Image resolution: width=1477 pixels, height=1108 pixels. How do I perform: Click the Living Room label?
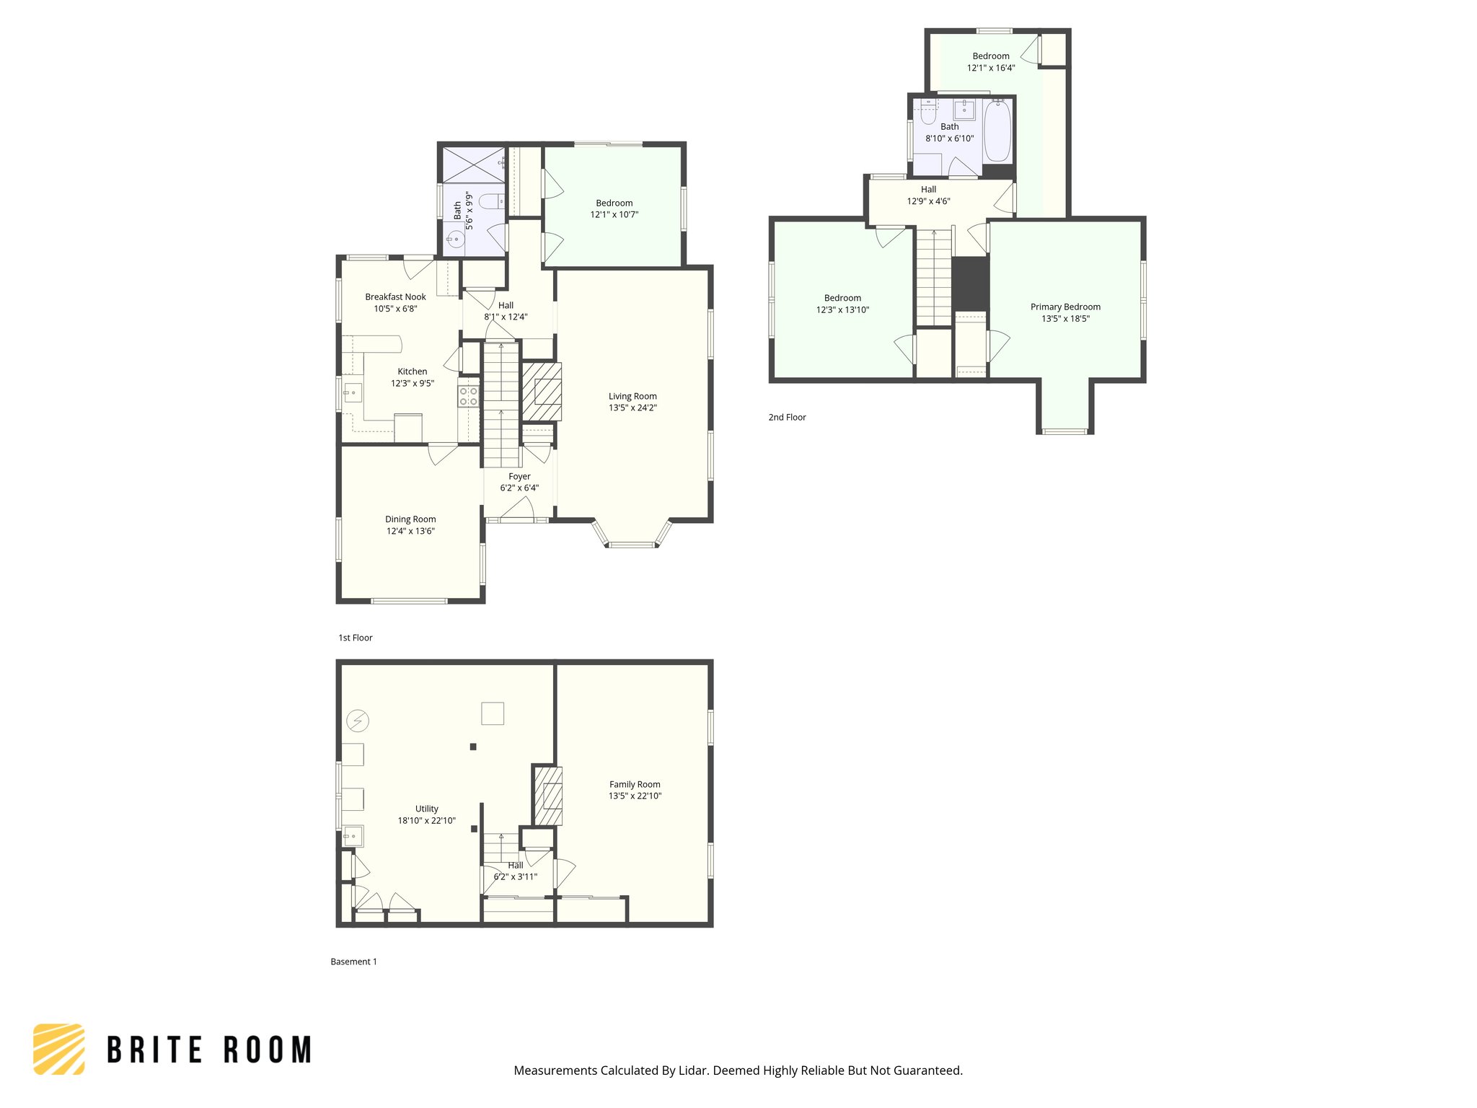pos(632,396)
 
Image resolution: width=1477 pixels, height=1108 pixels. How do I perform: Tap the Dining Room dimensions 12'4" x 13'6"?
pos(410,531)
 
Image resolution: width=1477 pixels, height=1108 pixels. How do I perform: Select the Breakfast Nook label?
pos(395,296)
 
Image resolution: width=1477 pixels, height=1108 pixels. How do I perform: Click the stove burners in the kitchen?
pos(469,396)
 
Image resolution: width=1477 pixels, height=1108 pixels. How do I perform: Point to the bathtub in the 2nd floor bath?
pos(997,131)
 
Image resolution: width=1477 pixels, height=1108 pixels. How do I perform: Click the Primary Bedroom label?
pos(1065,307)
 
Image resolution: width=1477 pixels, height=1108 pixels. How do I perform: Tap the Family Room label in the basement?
pos(635,784)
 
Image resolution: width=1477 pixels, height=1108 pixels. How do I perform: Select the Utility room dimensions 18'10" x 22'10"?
pos(426,820)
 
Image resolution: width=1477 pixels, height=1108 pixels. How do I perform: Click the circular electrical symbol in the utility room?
pos(358,720)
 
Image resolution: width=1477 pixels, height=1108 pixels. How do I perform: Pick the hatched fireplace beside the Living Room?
pos(542,392)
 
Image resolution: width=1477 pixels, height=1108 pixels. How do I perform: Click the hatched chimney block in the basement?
pos(547,795)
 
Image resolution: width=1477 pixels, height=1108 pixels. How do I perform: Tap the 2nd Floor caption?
pos(787,417)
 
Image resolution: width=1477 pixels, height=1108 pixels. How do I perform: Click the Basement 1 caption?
pos(353,962)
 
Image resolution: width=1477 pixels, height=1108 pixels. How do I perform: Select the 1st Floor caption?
pos(356,638)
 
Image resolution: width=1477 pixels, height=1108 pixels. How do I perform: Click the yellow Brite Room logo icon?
pos(59,1049)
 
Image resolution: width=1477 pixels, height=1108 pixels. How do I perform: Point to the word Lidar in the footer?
pos(692,1070)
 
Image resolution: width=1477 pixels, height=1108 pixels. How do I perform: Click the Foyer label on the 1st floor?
pos(519,476)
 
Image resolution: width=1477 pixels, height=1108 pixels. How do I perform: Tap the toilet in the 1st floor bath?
pos(492,201)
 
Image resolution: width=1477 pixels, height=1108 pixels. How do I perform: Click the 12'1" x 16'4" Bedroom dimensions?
pos(991,68)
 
